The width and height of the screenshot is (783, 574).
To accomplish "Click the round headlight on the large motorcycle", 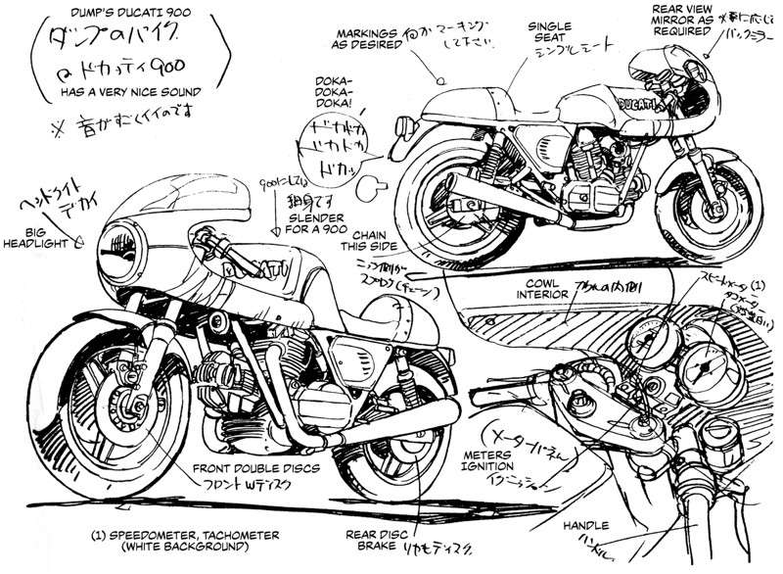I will click(124, 251).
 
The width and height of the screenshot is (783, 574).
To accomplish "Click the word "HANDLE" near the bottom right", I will click(586, 525).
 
